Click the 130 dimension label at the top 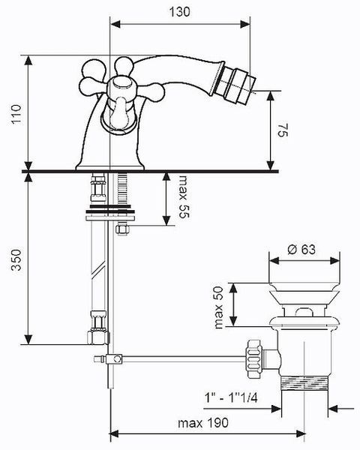click(x=179, y=12)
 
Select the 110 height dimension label click(x=16, y=114)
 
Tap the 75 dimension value click(x=282, y=130)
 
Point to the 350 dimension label click(x=16, y=259)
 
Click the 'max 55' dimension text click(x=184, y=196)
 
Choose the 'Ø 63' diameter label click(x=301, y=250)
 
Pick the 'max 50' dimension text click(x=219, y=307)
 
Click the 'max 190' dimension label click(x=203, y=423)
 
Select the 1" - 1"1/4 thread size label click(x=231, y=398)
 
